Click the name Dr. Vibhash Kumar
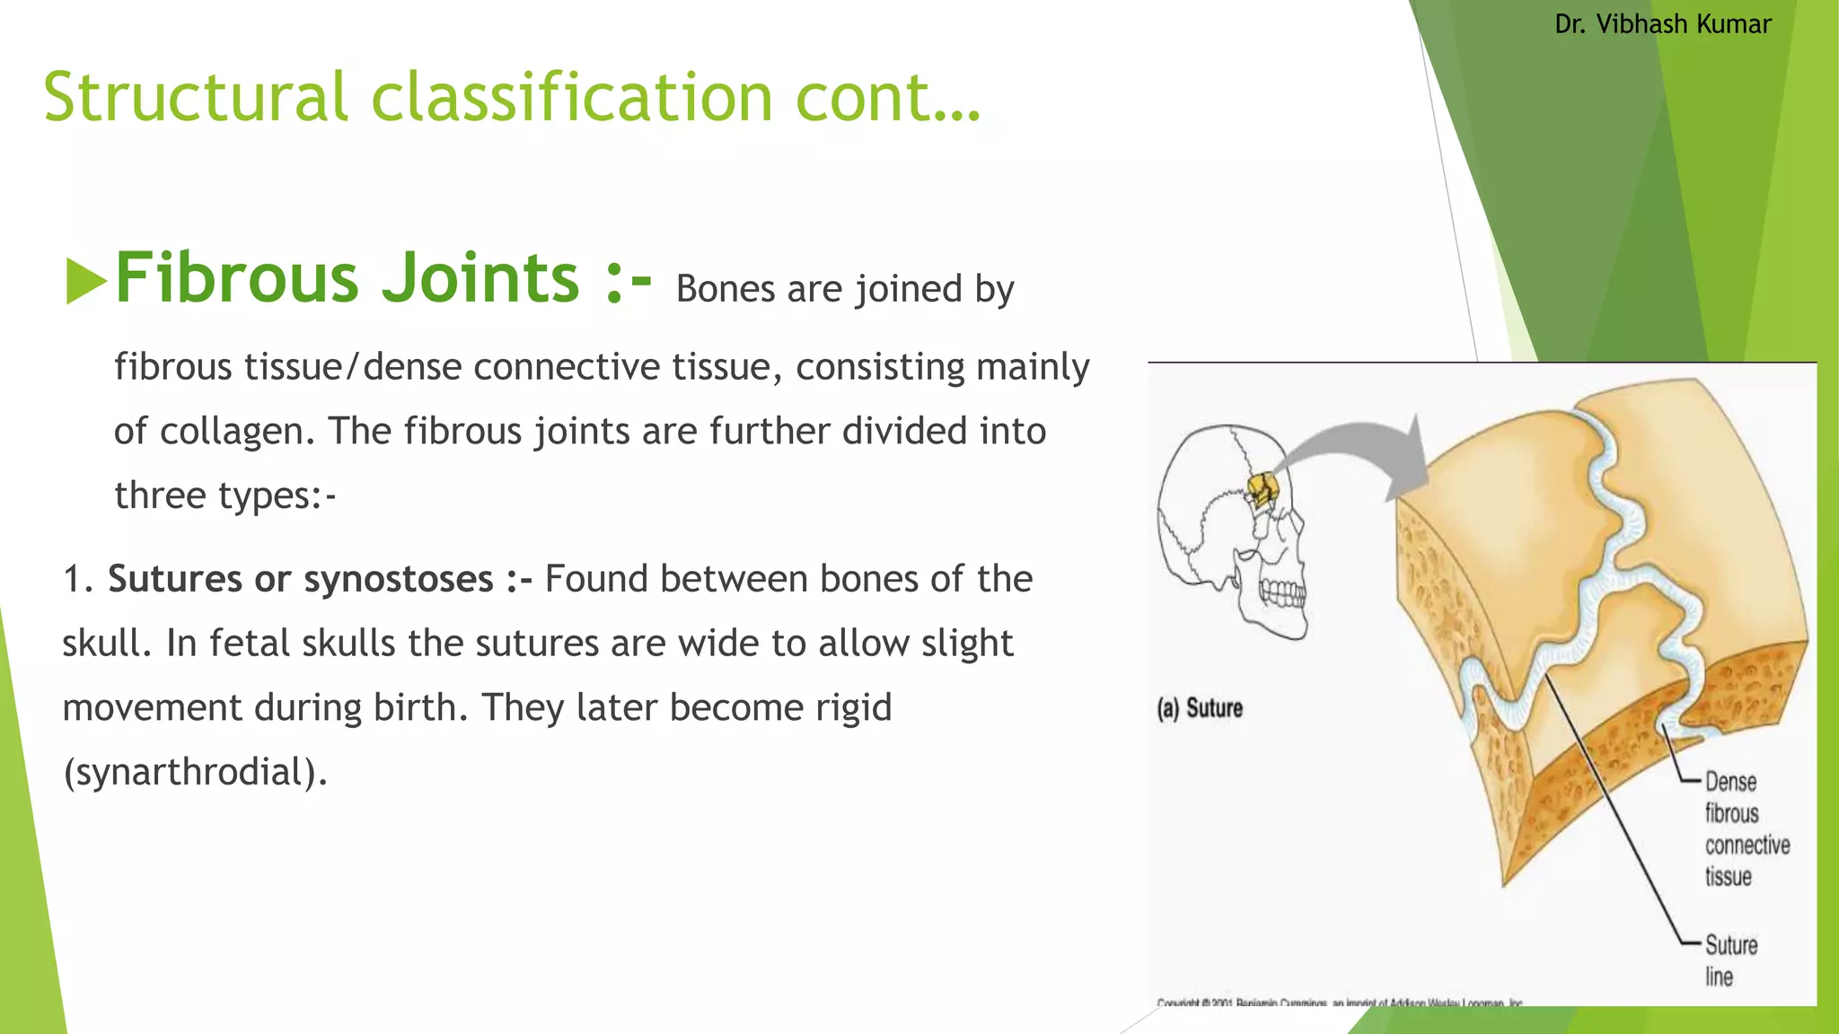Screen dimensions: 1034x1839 1662,24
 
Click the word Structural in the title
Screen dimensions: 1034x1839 195,97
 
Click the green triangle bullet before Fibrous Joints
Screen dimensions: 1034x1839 85,281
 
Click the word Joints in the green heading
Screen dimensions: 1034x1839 480,277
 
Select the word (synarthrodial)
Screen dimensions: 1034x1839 195,772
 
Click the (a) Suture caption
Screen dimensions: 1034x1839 1200,708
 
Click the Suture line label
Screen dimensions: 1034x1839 1729,960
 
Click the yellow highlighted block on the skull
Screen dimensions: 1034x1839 1263,491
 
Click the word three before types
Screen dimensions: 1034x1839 160,495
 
